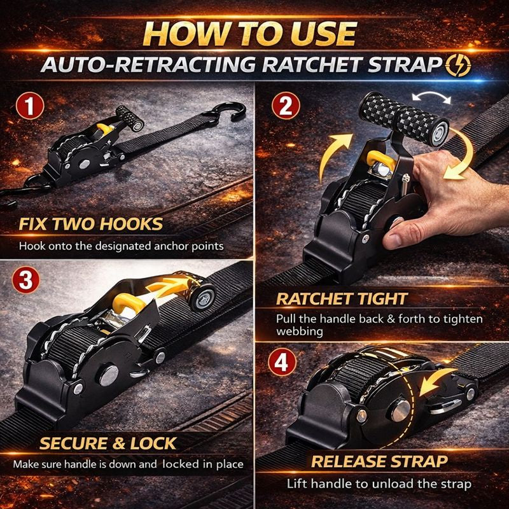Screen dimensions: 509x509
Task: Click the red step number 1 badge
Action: [30, 106]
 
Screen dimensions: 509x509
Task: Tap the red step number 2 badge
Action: [286, 106]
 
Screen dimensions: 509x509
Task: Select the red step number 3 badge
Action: [25, 280]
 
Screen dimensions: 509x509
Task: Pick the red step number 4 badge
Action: [282, 362]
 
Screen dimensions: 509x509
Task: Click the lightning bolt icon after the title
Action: [457, 66]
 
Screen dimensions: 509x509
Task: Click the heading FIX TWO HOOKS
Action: [91, 224]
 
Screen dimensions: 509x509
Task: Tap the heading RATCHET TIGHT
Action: [342, 299]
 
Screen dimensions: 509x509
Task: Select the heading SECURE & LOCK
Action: [108, 443]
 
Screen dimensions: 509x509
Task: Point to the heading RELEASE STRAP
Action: [379, 461]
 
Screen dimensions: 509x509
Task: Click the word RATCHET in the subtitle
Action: [311, 65]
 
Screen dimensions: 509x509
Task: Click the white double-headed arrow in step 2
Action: [431, 97]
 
